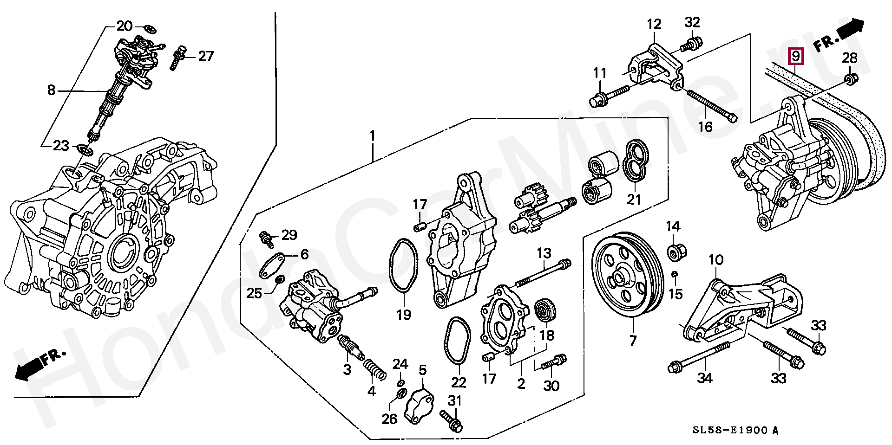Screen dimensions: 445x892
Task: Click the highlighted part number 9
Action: click(795, 57)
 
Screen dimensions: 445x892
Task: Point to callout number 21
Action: click(634, 200)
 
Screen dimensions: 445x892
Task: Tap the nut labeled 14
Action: click(673, 252)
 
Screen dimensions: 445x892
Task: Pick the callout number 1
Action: click(372, 137)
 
